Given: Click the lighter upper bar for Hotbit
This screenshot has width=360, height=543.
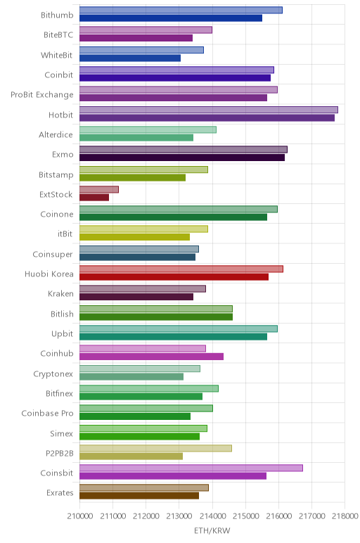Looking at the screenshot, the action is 209,110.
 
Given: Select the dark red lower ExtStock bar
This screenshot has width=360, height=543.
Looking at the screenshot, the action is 94,198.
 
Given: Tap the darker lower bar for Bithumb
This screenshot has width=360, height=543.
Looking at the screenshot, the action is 171,18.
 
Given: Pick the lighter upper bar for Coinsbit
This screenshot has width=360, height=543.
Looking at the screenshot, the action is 191,468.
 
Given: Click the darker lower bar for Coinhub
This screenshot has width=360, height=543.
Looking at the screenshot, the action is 151,357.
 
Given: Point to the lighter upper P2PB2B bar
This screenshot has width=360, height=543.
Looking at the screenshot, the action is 156,448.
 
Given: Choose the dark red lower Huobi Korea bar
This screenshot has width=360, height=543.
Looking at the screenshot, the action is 174,277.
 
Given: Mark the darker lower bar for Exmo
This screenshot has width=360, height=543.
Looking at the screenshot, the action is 182,158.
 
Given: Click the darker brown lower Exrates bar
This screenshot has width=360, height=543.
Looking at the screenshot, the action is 139,496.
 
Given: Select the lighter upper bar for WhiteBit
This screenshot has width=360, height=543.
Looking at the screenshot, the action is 141,50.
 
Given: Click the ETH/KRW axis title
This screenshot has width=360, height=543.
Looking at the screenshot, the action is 212,530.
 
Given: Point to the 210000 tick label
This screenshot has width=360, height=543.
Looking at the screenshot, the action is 80,516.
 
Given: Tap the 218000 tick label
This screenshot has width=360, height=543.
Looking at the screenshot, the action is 345,516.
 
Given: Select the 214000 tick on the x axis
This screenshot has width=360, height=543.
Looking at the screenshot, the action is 212,516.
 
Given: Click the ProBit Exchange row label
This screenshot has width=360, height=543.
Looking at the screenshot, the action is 42,95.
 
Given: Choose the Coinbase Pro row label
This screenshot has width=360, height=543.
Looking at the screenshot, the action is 47,413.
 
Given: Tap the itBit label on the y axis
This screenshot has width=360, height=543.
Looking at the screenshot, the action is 65,234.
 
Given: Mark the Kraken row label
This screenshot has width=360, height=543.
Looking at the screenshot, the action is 60,294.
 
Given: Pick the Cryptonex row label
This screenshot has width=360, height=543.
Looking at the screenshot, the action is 53,374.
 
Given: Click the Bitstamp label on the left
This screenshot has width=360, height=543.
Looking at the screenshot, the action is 56,174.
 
